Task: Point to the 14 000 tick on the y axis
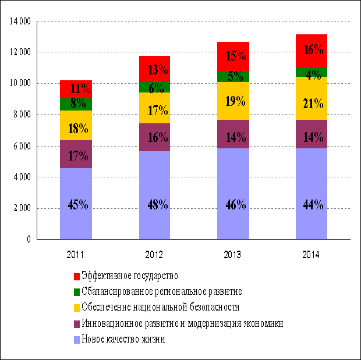tap(20, 22)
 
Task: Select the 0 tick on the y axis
tap(28, 239)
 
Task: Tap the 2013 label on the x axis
tap(232, 255)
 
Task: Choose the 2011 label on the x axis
tap(76, 255)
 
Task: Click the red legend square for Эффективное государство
tap(77, 276)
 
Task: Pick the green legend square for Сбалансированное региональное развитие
tap(77, 291)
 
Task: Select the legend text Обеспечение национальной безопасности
tap(161, 307)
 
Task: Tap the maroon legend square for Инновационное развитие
tap(77, 323)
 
